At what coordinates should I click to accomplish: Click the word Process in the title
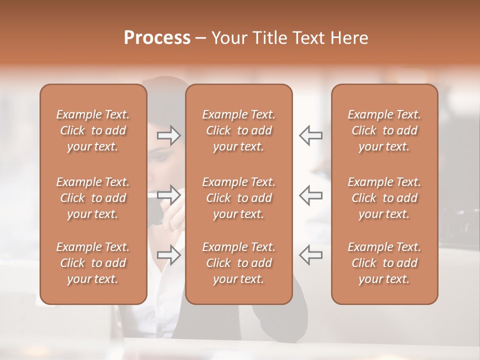(157, 38)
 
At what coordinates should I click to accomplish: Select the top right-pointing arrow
(169, 135)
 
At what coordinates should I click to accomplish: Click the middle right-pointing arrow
(169, 194)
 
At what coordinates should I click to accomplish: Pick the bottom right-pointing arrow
(169, 254)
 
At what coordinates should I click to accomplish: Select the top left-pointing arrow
(311, 135)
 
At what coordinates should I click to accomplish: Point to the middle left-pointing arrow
(311, 194)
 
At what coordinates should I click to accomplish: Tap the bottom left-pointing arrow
(311, 254)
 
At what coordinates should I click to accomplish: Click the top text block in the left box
(93, 130)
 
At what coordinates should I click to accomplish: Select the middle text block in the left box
(93, 198)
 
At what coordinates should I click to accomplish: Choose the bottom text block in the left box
(93, 263)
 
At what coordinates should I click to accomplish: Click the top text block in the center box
(238, 130)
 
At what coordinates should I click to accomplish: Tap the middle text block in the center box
(238, 198)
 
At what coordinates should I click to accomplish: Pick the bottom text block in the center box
(238, 263)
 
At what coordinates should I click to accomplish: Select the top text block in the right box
(384, 130)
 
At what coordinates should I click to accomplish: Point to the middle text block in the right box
(384, 198)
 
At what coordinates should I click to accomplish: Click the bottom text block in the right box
(384, 263)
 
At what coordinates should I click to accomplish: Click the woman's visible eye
(159, 157)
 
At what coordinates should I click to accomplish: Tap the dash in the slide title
(201, 38)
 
